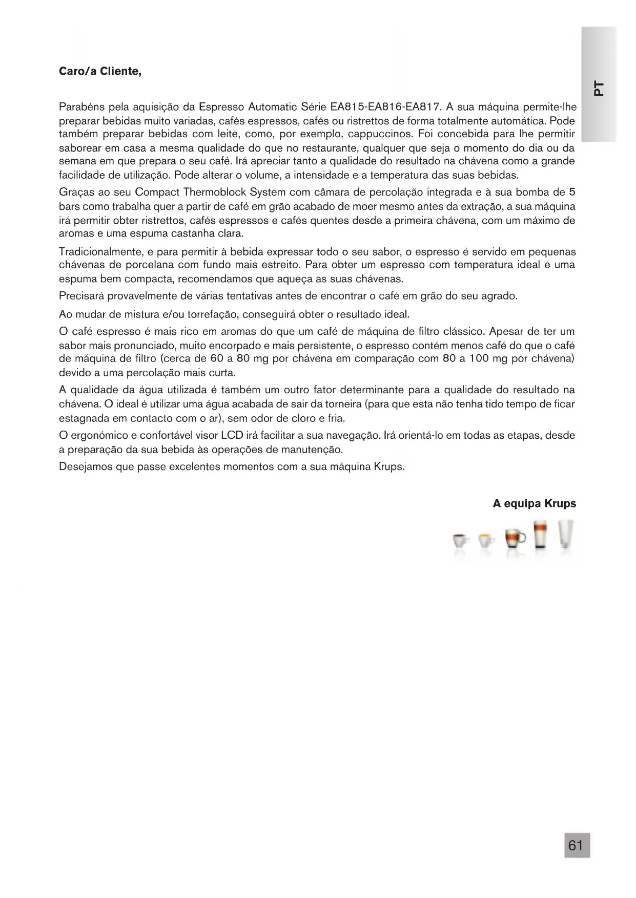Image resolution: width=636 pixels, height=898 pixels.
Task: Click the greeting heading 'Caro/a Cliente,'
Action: pyautogui.click(x=100, y=71)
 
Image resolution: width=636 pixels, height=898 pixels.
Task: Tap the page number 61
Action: pyautogui.click(x=577, y=845)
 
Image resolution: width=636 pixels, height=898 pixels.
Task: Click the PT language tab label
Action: pyautogui.click(x=598, y=88)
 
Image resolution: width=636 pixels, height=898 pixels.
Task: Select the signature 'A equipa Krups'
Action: pyautogui.click(x=534, y=503)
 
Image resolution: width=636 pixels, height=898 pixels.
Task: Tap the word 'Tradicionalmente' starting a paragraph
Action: pyautogui.click(x=100, y=252)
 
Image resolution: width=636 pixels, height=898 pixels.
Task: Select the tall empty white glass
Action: pyautogui.click(x=565, y=534)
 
